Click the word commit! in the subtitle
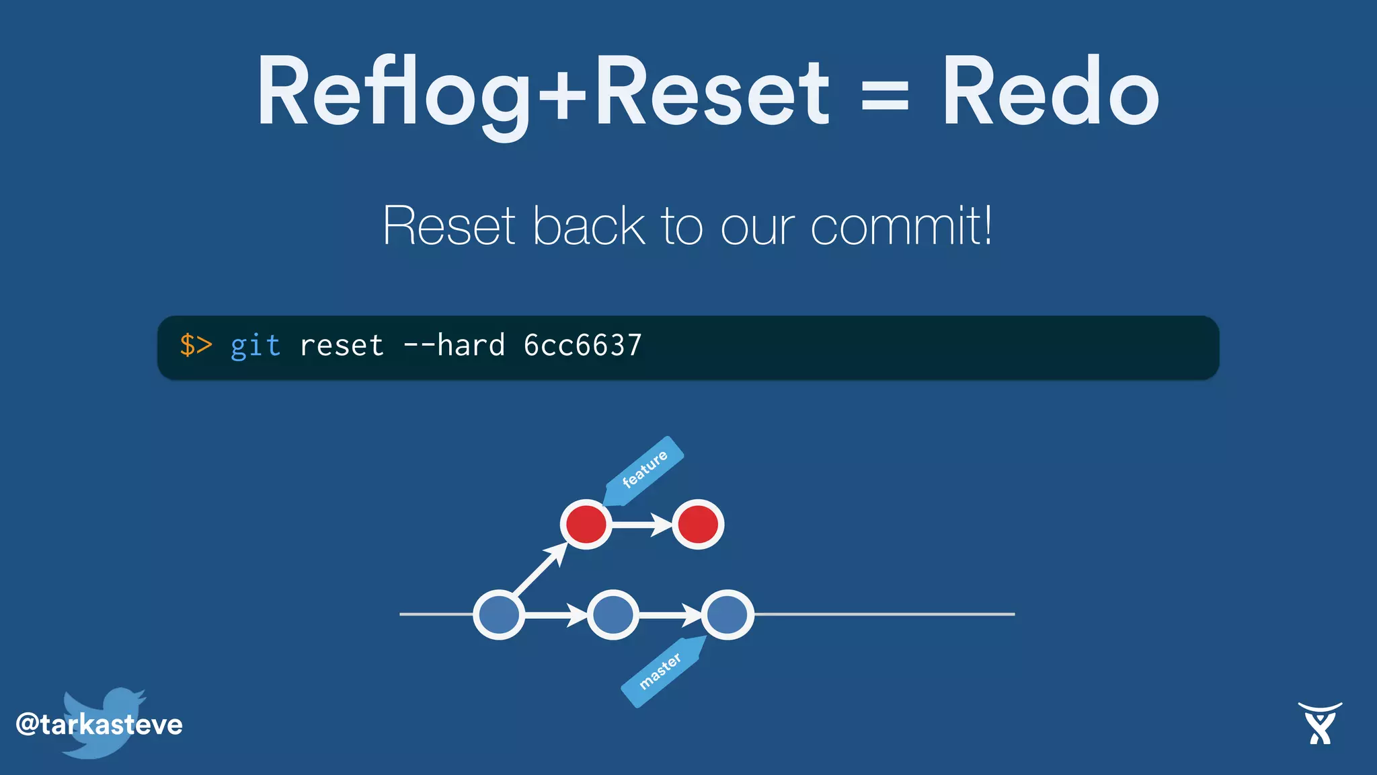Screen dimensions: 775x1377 point(901,226)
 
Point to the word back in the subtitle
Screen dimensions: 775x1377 point(588,226)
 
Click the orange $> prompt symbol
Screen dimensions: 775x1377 point(196,345)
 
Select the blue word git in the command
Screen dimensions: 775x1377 point(255,346)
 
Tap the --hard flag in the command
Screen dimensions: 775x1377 point(454,346)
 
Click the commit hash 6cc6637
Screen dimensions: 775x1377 point(582,346)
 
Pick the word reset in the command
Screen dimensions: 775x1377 point(342,346)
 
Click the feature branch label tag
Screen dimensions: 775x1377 point(644,469)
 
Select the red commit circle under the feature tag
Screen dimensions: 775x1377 point(586,524)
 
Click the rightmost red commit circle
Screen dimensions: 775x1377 point(698,524)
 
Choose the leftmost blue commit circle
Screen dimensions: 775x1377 point(499,614)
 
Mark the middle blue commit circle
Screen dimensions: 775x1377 point(613,614)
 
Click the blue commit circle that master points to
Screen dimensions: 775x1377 point(727,614)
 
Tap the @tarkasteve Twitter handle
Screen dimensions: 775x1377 point(99,725)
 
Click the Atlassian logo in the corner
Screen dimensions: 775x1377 point(1320,723)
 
